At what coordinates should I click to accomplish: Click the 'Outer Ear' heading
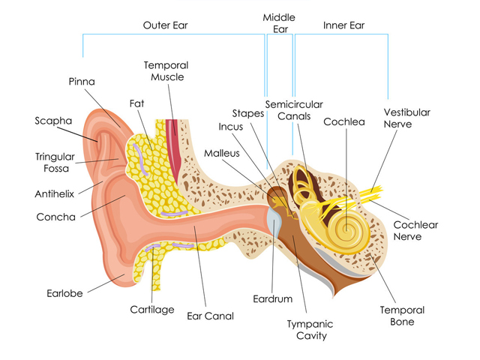click(x=165, y=25)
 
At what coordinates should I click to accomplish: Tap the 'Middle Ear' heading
click(x=279, y=23)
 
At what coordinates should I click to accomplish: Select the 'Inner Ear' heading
click(x=343, y=25)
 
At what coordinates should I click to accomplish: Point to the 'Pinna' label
click(x=82, y=81)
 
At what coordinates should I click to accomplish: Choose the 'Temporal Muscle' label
click(x=166, y=71)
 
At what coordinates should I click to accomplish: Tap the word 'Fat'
click(x=136, y=103)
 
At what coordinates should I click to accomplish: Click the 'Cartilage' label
click(x=152, y=309)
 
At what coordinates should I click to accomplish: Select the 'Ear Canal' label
click(x=210, y=316)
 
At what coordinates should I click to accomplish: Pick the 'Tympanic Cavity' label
click(x=310, y=330)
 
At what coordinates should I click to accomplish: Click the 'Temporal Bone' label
click(x=402, y=316)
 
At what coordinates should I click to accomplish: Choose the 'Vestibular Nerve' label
click(x=407, y=118)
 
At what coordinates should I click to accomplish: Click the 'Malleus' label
click(x=221, y=153)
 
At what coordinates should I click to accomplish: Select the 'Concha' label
click(x=55, y=217)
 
